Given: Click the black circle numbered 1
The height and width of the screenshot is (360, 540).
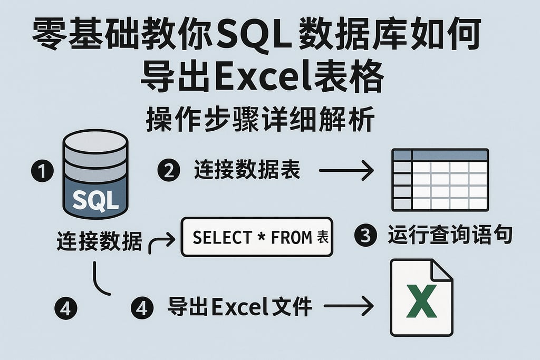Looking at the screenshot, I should [42, 172].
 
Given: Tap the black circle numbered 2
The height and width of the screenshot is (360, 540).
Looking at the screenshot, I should [169, 170].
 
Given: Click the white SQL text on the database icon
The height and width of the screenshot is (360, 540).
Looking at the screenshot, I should [95, 201].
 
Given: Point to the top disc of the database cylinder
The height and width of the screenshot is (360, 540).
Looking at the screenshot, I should [95, 141].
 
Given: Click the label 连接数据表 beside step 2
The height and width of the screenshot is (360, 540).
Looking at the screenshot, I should [247, 170].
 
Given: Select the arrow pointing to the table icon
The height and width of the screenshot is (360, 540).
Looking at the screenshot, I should [346, 170].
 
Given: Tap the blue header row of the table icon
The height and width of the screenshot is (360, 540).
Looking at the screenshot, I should [440, 155].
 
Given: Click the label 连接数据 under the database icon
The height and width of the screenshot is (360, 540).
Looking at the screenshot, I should [99, 242].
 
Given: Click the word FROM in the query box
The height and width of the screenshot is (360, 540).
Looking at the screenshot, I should [292, 238].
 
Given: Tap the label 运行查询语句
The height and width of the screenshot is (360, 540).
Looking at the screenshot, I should [450, 235].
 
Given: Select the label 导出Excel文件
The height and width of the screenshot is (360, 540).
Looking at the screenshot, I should [240, 306].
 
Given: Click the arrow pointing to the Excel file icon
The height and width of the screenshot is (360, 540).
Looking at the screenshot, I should [348, 306].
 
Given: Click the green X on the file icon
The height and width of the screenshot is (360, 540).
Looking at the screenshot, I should [422, 301].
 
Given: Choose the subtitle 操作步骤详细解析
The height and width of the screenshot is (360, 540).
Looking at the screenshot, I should [260, 121].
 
